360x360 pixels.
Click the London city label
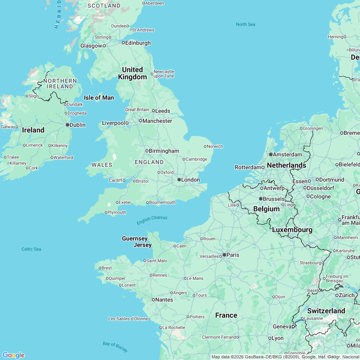click(190, 180)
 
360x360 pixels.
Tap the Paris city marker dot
click(224, 255)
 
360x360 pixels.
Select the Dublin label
click(78, 125)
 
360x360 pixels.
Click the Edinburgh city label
click(138, 43)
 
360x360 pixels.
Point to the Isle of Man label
click(99, 98)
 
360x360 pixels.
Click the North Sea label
click(245, 24)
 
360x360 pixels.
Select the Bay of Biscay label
click(116, 347)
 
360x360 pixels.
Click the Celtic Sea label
click(31, 249)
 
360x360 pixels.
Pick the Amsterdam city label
click(288, 154)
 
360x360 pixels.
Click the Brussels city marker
click(260, 199)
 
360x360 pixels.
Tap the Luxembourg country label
click(292, 230)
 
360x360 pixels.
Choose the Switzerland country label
click(326, 311)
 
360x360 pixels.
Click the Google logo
click(13, 355)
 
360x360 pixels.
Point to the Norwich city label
click(215, 146)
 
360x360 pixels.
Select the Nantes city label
click(164, 300)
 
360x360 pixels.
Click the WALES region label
click(102, 165)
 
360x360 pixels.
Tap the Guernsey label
click(135, 239)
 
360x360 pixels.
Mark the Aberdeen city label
click(154, 3)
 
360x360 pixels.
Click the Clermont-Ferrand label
click(220, 337)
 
